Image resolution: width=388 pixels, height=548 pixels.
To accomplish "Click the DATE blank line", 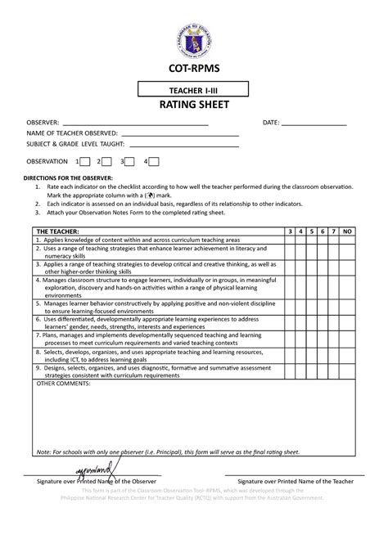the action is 315,124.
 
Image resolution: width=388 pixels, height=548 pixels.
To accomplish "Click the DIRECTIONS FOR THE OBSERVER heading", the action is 74,177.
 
